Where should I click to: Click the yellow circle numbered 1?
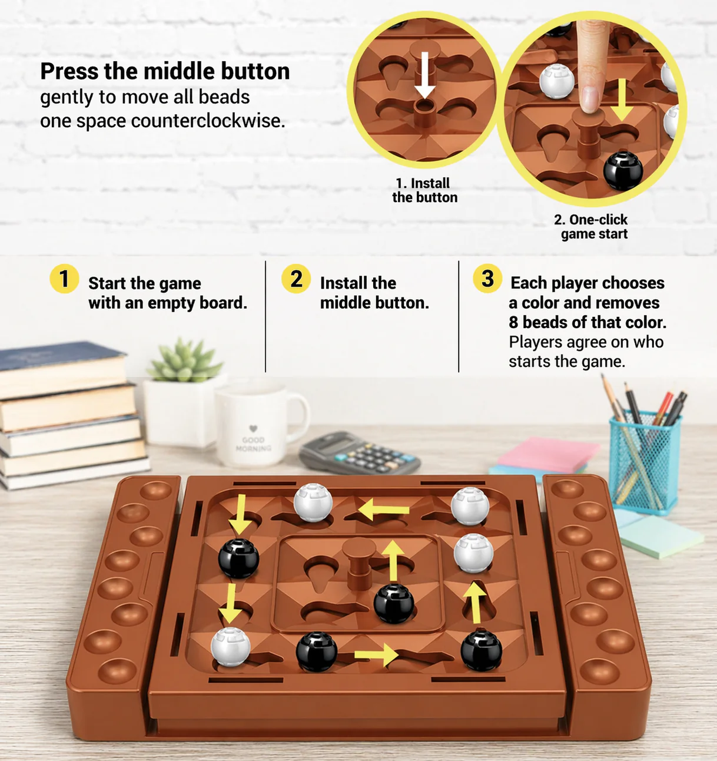point(64,279)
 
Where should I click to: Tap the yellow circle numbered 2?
point(296,279)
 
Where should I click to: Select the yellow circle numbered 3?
point(487,279)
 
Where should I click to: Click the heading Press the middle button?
point(165,71)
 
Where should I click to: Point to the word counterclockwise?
point(208,121)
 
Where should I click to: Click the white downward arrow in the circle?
point(425,75)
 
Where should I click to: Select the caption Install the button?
point(425,190)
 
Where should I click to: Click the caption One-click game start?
point(591,227)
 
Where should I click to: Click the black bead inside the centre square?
point(394,604)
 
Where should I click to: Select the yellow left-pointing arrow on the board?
point(384,510)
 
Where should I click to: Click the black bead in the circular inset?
point(623,171)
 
